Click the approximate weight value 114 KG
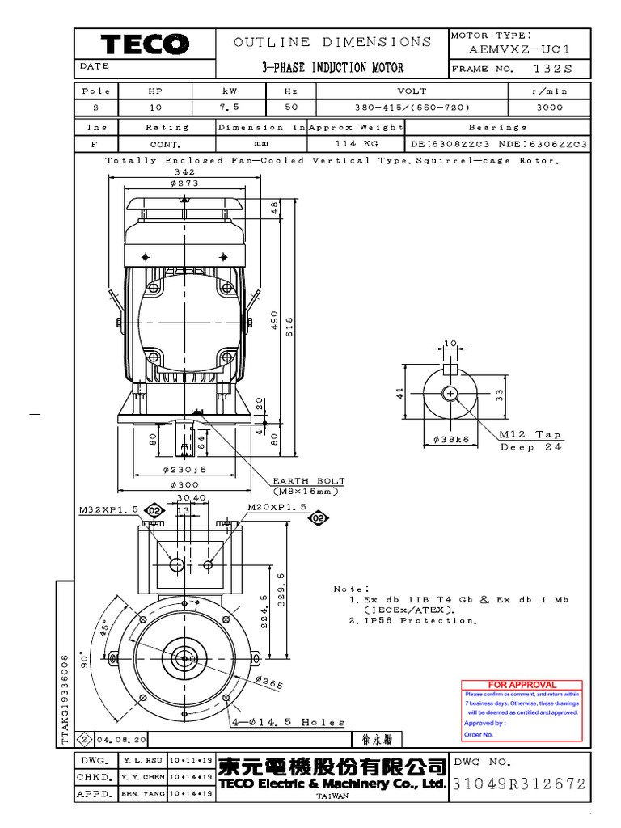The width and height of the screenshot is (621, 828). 357,144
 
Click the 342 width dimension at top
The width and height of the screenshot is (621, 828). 184,172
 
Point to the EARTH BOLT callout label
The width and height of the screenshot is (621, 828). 308,480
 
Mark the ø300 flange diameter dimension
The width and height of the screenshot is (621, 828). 184,485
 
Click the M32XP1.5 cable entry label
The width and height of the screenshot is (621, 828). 108,510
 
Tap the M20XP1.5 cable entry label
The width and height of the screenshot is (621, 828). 277,507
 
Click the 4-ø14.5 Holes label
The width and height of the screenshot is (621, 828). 288,722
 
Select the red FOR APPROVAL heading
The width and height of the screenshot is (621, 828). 522,685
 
